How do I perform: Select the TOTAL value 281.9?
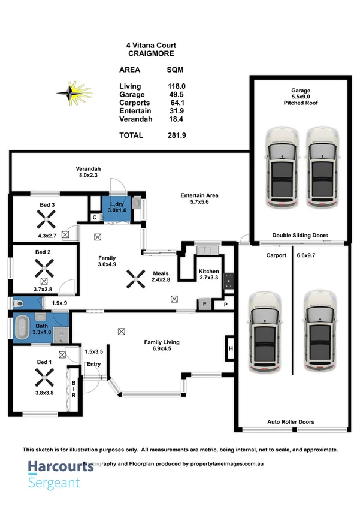[176, 135]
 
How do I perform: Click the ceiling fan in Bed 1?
[43, 377]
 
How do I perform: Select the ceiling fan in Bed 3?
[44, 222]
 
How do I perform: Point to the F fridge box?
[204, 305]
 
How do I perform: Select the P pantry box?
[226, 305]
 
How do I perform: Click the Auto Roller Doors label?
[291, 422]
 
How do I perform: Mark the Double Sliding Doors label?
[300, 236]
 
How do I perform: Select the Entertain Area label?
[199, 195]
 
